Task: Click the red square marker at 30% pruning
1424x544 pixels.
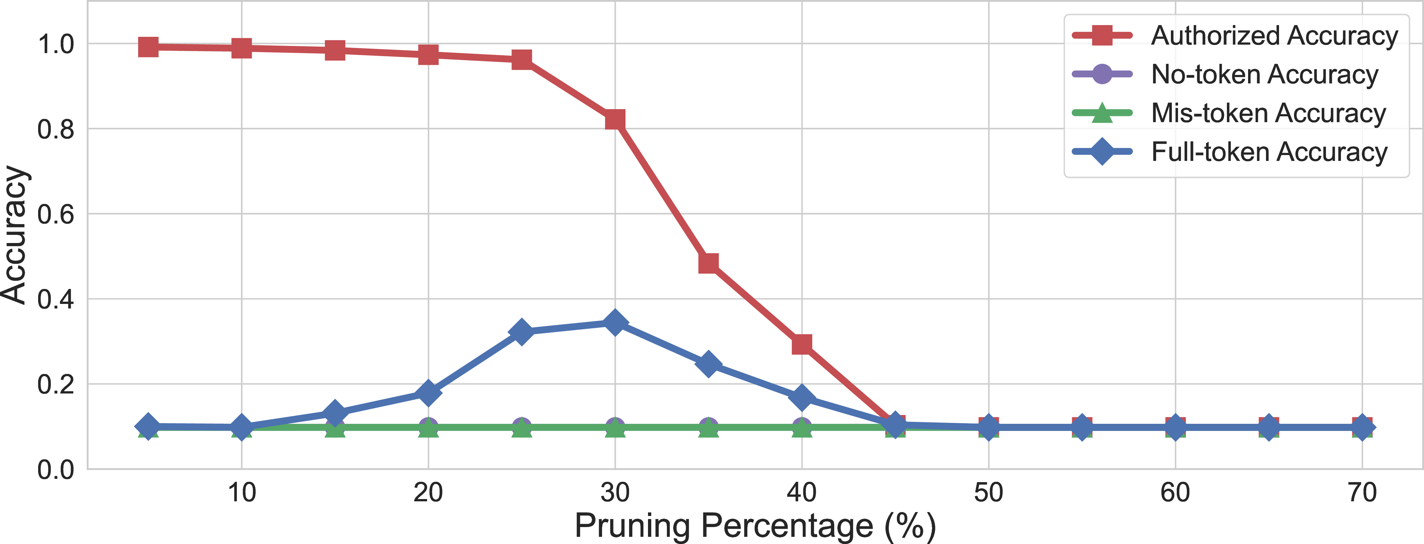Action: [x=615, y=120]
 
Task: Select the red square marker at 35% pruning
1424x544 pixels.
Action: [x=709, y=263]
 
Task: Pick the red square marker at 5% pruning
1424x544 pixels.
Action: [x=148, y=47]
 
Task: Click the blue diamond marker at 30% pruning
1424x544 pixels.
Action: [x=615, y=322]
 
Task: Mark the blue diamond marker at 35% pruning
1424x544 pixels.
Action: [x=709, y=364]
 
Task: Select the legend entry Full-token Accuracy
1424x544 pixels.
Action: [x=1230, y=151]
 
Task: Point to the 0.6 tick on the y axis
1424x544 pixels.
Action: [x=56, y=214]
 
